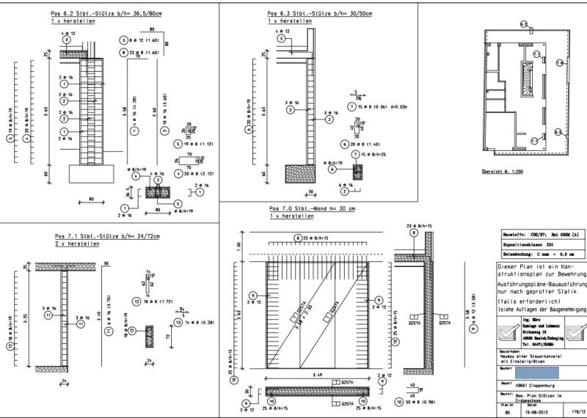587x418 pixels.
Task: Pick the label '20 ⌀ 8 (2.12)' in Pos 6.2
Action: pyautogui.click(x=193, y=174)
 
